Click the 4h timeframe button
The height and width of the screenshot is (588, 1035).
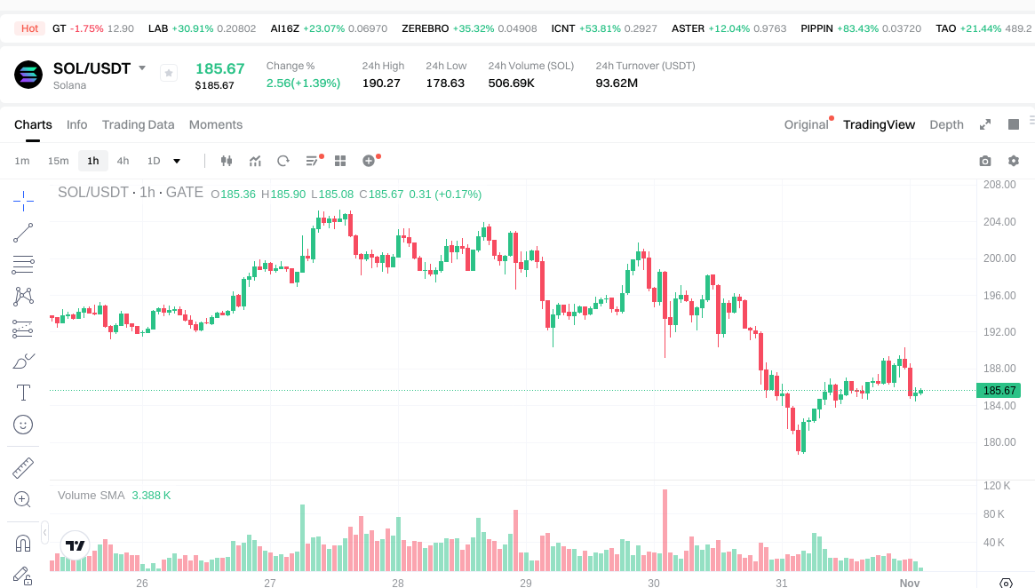click(123, 161)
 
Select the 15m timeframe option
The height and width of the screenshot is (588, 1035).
click(58, 161)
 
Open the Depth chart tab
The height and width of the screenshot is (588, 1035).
click(946, 124)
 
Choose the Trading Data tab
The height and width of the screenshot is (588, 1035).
click(138, 124)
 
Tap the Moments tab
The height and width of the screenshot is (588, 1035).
click(216, 124)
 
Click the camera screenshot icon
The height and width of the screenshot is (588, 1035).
click(984, 161)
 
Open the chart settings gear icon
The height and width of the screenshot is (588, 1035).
click(1013, 161)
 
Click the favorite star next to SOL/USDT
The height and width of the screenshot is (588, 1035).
click(169, 73)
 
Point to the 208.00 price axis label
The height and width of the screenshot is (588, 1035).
click(998, 185)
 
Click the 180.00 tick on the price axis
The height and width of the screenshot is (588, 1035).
click(998, 442)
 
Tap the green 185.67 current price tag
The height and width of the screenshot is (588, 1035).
click(999, 391)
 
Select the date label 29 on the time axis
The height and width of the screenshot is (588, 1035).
click(526, 584)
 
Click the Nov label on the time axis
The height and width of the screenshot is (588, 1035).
click(909, 584)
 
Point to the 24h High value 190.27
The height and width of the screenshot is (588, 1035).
click(381, 83)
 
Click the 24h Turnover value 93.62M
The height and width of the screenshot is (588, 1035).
click(617, 83)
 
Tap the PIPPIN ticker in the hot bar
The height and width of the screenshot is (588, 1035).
click(816, 28)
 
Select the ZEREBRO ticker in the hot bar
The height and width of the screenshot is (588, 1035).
click(425, 28)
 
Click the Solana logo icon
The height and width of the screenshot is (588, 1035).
click(28, 75)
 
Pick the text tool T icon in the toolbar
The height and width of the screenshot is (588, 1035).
click(24, 392)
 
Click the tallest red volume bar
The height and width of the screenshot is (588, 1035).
click(664, 529)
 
